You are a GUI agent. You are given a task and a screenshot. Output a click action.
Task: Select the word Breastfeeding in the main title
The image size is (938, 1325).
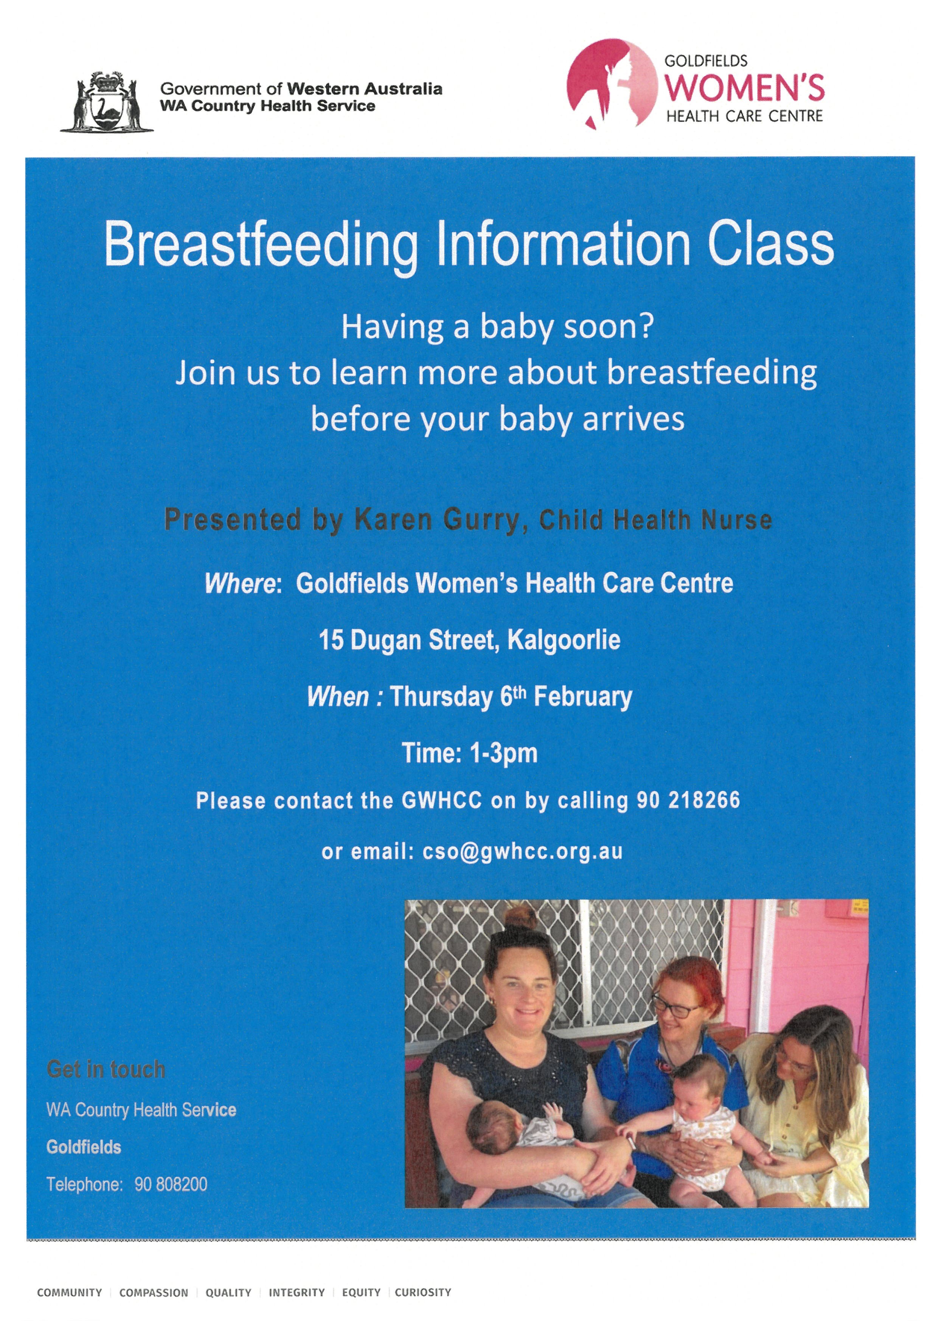coord(261,245)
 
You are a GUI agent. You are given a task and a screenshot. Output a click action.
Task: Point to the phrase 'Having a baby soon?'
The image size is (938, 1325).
coord(497,327)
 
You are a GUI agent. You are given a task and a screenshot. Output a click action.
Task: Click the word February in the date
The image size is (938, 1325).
coord(583,697)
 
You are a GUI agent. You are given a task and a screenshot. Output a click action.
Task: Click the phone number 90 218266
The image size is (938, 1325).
coord(688,801)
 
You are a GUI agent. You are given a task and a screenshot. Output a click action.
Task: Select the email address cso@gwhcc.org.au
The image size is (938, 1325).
coord(523,852)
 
